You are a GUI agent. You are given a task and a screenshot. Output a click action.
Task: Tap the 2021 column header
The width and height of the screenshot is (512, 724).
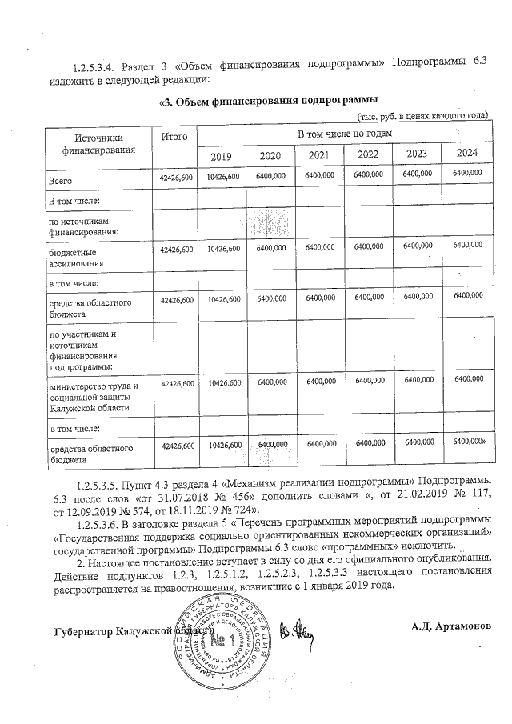(320, 154)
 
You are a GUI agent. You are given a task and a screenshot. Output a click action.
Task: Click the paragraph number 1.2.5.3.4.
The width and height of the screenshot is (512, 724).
(101, 64)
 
